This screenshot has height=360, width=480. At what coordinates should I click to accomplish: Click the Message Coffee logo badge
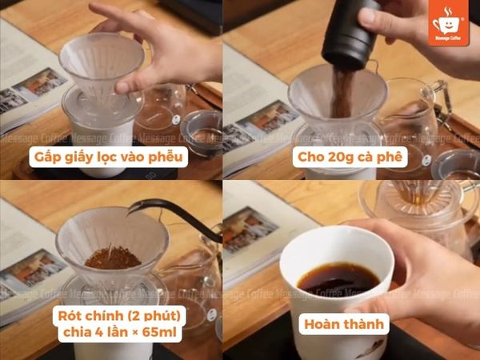tap(450, 22)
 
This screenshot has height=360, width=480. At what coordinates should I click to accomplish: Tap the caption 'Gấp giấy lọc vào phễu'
tap(110, 156)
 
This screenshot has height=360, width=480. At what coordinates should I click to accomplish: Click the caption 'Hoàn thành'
tap(346, 324)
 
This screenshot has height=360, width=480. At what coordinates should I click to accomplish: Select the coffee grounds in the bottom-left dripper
tap(113, 258)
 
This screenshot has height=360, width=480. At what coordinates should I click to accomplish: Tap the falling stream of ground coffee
tap(339, 92)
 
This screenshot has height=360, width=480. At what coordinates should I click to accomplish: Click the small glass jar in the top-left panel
tap(202, 128)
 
